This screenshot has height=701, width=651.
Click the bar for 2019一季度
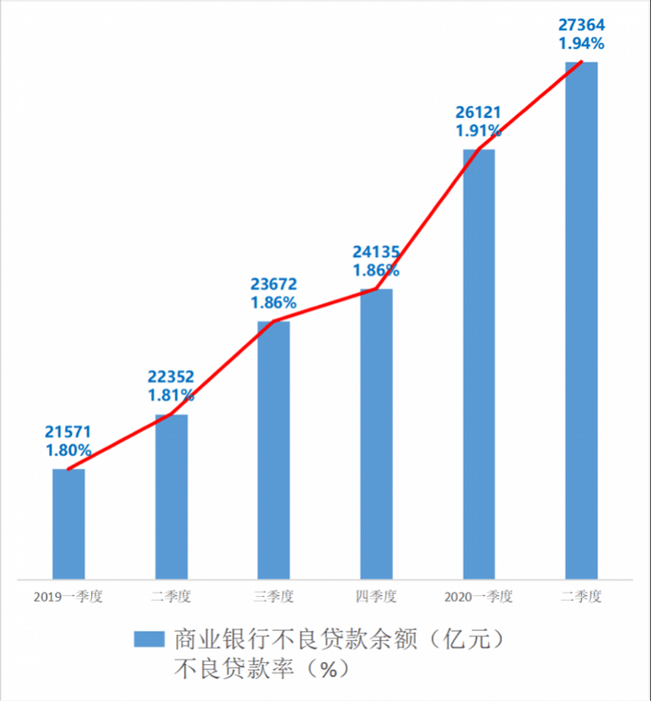point(68,525)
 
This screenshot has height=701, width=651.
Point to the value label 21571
point(68,432)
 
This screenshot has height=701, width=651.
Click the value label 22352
point(171,377)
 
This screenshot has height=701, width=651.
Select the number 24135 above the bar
point(376,251)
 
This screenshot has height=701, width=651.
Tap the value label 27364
point(581,24)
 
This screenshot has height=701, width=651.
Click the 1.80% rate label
point(68,450)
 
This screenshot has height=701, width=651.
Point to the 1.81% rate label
point(171,395)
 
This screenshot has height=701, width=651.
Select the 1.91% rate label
point(478,130)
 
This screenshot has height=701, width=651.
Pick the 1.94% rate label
point(581,42)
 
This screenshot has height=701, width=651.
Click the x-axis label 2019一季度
point(68,597)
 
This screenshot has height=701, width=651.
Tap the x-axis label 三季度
point(273,597)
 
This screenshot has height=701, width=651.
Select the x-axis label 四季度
point(376,597)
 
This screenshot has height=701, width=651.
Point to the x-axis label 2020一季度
point(478,597)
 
